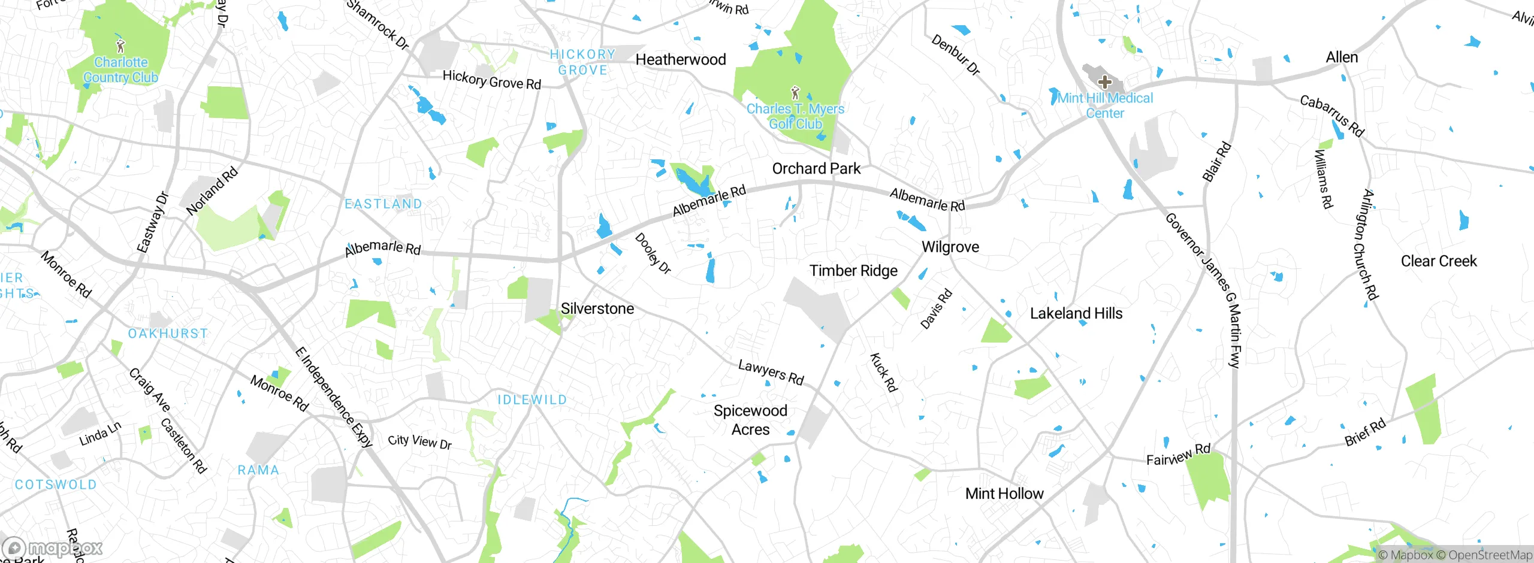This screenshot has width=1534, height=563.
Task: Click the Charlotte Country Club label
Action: tap(120, 70)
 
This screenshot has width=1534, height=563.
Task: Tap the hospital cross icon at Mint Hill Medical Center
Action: tap(1104, 82)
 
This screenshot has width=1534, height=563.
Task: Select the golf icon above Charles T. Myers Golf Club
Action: tap(795, 93)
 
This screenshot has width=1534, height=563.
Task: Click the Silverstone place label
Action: tap(597, 308)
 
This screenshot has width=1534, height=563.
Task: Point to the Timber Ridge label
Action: tap(853, 271)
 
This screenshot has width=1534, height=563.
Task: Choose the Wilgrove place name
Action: tap(950, 247)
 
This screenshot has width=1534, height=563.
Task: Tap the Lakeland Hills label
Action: tap(1076, 313)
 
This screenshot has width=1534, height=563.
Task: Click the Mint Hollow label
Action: tap(1004, 494)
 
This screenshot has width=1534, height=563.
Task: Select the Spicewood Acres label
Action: tap(750, 420)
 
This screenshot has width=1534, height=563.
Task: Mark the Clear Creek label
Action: tap(1439, 261)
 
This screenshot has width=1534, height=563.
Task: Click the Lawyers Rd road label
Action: tap(771, 372)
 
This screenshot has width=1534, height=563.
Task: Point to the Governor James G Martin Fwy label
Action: tap(1204, 287)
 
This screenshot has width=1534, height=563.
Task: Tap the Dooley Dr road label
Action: tap(653, 253)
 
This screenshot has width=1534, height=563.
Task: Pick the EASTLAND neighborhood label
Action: tap(383, 204)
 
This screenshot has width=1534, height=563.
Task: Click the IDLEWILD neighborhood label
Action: tap(532, 399)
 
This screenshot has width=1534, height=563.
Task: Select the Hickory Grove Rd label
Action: tap(491, 80)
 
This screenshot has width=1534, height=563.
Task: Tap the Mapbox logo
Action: tap(53, 547)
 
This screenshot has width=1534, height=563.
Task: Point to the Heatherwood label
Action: tap(681, 59)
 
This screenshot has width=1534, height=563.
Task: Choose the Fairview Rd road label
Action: tap(1178, 455)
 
